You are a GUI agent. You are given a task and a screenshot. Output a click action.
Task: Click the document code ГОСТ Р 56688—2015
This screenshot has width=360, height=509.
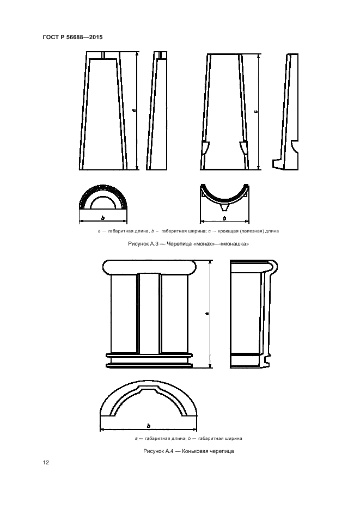[x=73, y=38]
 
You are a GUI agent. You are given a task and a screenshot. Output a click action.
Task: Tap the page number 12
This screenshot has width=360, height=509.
[x=46, y=462]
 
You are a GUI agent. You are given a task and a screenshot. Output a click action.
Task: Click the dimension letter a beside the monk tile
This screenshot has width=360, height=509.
[x=134, y=111]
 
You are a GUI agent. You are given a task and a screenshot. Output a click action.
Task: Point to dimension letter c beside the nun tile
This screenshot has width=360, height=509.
[x=256, y=112]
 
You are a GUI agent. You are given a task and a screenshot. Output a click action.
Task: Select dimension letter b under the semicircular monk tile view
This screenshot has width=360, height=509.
[x=102, y=218]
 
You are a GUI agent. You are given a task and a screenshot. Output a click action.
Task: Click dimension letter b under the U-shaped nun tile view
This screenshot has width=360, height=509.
[x=224, y=218]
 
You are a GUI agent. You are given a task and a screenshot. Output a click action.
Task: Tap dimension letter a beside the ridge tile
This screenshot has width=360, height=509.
[x=207, y=314]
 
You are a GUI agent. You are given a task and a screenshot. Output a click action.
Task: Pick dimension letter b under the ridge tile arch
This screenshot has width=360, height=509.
[x=148, y=426]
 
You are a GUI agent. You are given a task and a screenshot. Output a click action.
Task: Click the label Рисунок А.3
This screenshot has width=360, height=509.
[x=143, y=243]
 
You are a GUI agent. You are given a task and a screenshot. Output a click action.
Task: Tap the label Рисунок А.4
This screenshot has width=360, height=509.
[x=158, y=451]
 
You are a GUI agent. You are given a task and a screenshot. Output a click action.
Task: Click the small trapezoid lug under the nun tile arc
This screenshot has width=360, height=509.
[x=224, y=207]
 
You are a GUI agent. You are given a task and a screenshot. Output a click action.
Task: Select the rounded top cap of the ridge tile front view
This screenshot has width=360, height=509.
[x=150, y=267]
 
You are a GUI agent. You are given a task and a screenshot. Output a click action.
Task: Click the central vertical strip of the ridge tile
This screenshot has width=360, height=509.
[x=149, y=313]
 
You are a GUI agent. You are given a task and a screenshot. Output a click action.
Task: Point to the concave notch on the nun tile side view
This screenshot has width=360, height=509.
[x=295, y=146]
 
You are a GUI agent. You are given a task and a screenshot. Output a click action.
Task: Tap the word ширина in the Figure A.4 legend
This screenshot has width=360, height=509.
[x=233, y=438]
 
